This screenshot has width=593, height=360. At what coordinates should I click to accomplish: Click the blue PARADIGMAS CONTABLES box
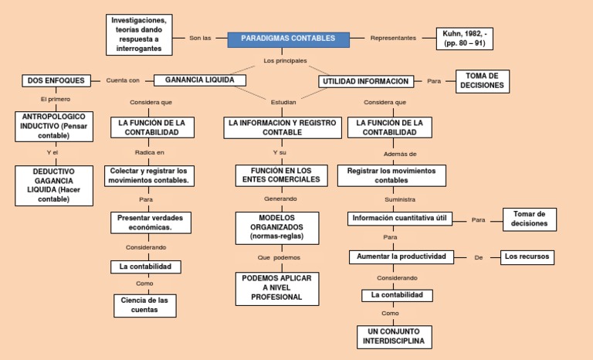[288, 39]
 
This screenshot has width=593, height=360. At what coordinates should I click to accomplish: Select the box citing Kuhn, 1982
[465, 39]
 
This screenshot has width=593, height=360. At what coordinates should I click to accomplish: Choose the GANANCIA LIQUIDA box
[200, 80]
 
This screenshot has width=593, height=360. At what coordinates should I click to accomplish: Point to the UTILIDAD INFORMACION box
[365, 81]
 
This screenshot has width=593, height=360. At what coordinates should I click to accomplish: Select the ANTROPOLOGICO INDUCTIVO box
[55, 126]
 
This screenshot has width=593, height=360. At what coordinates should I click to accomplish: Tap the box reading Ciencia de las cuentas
[145, 304]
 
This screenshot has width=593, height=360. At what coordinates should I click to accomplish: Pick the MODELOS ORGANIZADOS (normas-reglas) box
[276, 228]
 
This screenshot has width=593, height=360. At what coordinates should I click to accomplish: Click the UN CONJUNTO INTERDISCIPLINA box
[394, 336]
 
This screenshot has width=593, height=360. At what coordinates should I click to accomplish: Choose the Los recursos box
[527, 256]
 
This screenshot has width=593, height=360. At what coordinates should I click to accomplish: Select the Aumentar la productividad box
[399, 256]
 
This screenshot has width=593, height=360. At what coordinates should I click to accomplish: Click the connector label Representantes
[393, 38]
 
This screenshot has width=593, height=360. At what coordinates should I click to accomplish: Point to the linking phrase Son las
[200, 38]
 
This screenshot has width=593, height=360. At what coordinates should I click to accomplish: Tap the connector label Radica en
[150, 153]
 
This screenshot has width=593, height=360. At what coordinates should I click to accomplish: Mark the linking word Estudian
[283, 102]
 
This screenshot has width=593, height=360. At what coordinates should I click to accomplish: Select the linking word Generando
[280, 199]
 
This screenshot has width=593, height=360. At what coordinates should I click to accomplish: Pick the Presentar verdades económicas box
[151, 222]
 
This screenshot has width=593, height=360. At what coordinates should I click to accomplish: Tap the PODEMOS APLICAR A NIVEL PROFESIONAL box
[276, 287]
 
